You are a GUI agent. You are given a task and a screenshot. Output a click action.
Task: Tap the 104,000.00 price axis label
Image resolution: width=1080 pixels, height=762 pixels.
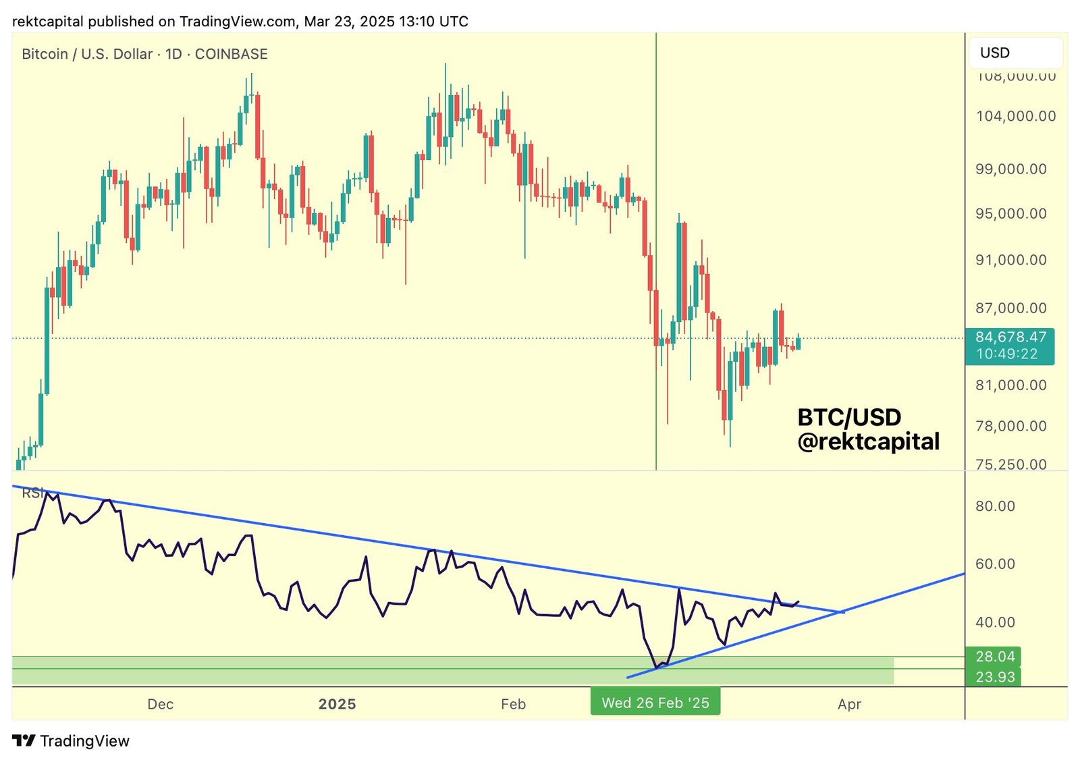(x=1016, y=116)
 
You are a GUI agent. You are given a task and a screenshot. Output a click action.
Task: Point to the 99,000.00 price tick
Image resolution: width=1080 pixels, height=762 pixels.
(x=1010, y=169)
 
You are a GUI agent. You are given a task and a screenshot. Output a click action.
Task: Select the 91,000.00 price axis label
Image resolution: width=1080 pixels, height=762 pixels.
(x=1010, y=260)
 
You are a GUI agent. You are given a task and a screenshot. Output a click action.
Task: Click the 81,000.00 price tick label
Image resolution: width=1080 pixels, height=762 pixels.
(x=1010, y=385)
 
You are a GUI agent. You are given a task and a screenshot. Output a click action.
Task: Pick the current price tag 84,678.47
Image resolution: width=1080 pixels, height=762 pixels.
(x=1010, y=337)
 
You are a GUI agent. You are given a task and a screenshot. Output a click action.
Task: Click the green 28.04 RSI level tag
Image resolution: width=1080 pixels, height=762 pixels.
(x=994, y=656)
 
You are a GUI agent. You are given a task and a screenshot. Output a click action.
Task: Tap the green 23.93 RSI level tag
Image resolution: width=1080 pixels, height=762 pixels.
(x=994, y=676)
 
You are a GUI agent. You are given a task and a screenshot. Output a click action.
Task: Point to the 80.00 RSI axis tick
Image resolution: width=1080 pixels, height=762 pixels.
(x=995, y=506)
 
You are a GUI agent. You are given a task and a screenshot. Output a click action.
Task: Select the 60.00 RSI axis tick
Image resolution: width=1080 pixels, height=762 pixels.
(x=995, y=564)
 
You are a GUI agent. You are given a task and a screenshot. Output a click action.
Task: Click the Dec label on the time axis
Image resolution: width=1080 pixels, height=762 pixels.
(x=160, y=704)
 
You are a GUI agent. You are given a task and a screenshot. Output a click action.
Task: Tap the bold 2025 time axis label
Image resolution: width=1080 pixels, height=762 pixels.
(x=337, y=704)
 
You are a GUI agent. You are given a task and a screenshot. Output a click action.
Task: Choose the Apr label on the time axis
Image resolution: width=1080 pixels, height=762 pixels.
(x=849, y=704)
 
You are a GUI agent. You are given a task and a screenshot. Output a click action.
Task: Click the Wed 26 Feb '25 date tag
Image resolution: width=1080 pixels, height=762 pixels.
(x=655, y=703)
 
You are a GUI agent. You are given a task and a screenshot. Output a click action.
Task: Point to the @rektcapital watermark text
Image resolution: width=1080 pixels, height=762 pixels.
(x=868, y=441)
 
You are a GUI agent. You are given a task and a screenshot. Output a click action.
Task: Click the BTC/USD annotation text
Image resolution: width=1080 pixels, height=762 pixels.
(x=849, y=417)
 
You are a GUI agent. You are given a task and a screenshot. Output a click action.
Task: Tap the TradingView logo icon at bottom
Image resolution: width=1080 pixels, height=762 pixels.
(x=24, y=740)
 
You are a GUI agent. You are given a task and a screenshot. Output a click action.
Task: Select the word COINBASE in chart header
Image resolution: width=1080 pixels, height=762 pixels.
(x=231, y=54)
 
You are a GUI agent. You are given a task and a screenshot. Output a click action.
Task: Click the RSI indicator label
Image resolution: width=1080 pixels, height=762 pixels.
(x=32, y=493)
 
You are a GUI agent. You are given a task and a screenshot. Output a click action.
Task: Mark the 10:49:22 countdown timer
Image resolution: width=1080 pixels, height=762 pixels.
(x=1006, y=354)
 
